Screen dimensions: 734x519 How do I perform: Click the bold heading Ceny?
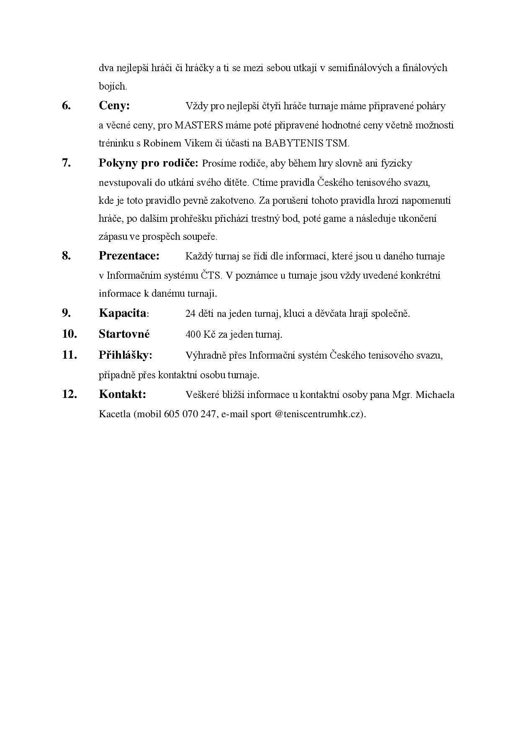tap(114, 106)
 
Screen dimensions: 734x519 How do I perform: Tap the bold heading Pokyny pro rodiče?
tap(148, 163)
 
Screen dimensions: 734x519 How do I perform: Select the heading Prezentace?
tap(129, 256)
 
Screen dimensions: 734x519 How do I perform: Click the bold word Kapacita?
tap(123, 313)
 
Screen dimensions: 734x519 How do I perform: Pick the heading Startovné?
tap(124, 334)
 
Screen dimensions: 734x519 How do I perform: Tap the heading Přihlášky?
tap(125, 355)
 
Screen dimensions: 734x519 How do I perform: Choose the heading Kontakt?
tap(122, 394)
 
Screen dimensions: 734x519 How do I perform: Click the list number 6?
tap(66, 106)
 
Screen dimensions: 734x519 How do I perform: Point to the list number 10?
tap(69, 334)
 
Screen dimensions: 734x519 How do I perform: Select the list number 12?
tap(69, 394)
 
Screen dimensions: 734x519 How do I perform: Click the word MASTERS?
tap(198, 125)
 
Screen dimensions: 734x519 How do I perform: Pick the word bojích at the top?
tap(113, 87)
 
